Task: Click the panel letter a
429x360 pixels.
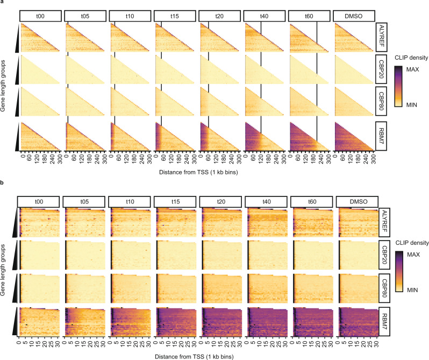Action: [x=3, y=3]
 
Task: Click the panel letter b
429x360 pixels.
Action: [x=3, y=185]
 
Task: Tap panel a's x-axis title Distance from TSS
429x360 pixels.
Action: [x=200, y=171]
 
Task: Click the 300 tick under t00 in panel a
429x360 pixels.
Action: [x=59, y=159]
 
